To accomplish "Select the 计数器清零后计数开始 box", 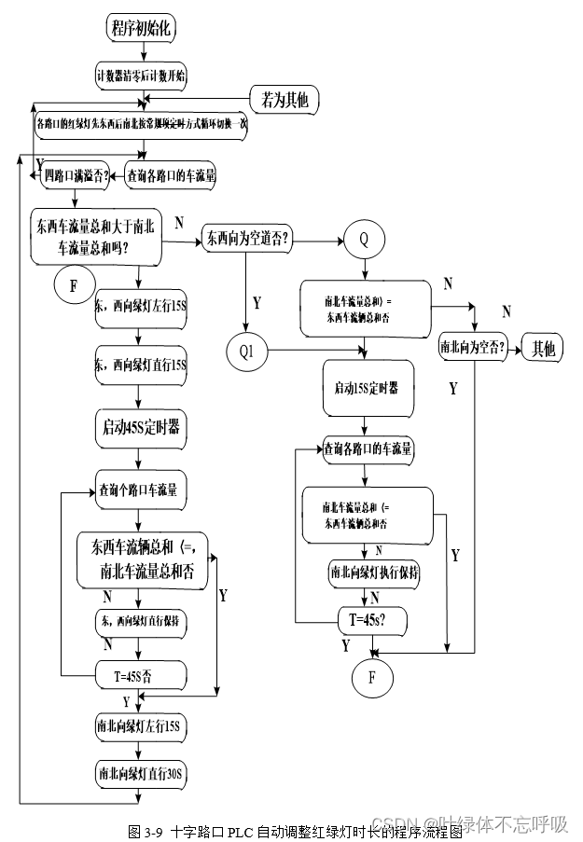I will [x=141, y=75].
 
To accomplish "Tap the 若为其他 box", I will [x=285, y=96].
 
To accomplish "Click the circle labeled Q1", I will [x=246, y=352].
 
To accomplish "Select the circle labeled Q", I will [x=364, y=239].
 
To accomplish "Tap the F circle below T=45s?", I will [x=372, y=677].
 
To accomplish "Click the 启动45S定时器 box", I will [x=141, y=429].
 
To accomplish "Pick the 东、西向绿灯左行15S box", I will [x=140, y=306].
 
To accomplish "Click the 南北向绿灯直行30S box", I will [x=141, y=773].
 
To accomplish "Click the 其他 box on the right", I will [x=543, y=349].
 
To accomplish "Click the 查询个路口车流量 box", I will [x=141, y=490].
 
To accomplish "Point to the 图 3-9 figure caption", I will [x=295, y=830].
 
